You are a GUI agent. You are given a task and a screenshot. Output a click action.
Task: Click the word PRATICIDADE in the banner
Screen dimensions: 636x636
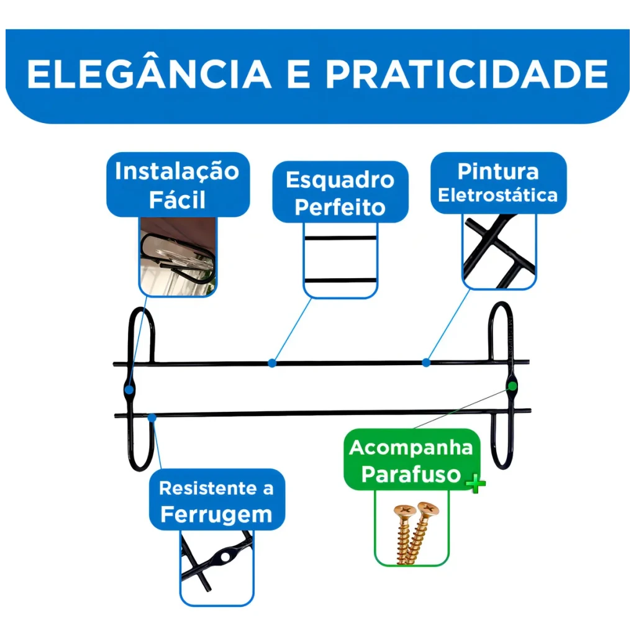tap(466, 75)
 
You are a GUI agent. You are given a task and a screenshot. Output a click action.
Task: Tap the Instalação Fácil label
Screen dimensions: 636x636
tap(178, 184)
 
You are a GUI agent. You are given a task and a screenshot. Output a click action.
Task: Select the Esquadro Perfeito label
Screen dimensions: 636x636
tap(340, 193)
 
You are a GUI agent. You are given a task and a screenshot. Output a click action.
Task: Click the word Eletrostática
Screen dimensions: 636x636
tap(497, 195)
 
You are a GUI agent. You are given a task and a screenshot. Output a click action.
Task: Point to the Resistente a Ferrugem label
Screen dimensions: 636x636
tap(217, 500)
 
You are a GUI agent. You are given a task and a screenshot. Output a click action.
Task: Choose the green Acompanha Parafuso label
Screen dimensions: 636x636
tap(411, 460)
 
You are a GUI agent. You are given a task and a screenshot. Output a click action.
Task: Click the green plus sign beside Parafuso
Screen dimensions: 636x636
tap(476, 483)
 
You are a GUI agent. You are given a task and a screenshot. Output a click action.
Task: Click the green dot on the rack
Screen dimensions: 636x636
tap(512, 386)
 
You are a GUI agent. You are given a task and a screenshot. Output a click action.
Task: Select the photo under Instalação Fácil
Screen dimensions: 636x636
tap(178, 256)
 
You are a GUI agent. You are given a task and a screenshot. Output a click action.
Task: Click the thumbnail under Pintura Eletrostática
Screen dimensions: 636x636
tap(499, 251)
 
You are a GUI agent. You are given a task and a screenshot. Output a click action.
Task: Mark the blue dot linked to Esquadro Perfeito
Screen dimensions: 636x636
tap(272, 363)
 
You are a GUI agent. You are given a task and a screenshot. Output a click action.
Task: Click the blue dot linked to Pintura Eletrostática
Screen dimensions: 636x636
tap(426, 362)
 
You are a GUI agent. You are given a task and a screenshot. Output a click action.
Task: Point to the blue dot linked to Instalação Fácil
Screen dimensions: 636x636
tap(129, 390)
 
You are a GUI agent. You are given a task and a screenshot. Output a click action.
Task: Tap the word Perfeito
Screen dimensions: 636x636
tap(340, 207)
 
